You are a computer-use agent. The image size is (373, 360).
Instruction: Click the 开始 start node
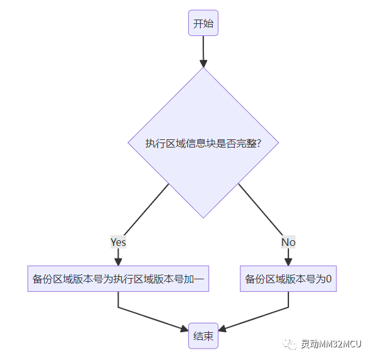pyautogui.click(x=203, y=23)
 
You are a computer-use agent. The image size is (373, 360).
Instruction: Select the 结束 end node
pyautogui.click(x=203, y=336)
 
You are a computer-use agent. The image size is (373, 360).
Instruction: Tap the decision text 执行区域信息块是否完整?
pyautogui.click(x=203, y=143)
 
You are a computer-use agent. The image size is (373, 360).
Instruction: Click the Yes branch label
pyautogui.click(x=118, y=242)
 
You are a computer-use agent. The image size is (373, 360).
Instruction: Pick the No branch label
pyautogui.click(x=288, y=242)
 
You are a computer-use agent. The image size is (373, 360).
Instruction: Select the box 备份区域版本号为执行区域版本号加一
pyautogui.click(x=118, y=279)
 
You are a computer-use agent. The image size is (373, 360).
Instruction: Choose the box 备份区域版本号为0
pyautogui.click(x=288, y=279)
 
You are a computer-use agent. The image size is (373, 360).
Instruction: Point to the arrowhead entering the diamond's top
pyautogui.click(x=203, y=63)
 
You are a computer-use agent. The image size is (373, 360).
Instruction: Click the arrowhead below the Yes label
pyautogui.click(x=118, y=261)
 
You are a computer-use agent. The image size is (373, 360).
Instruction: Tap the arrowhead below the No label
pyautogui.click(x=288, y=261)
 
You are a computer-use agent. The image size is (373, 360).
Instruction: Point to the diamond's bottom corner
pyautogui.click(x=203, y=218)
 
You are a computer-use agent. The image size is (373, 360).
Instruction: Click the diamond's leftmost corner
pyautogui.click(x=128, y=143)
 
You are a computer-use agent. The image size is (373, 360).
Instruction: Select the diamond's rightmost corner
pyautogui.click(x=278, y=143)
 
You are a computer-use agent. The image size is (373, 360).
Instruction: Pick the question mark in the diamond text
pyautogui.click(x=259, y=143)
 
